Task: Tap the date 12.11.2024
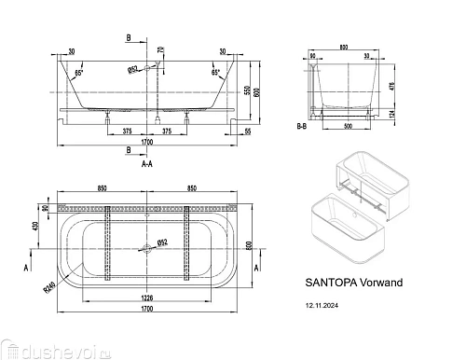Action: click(327, 303)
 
